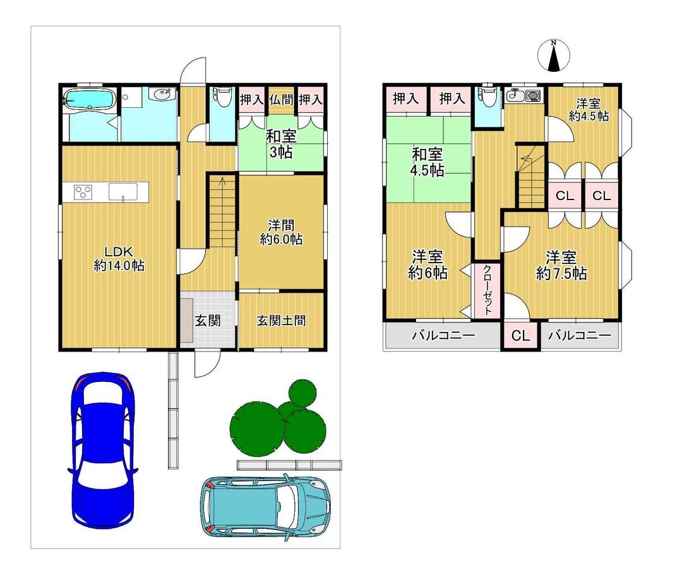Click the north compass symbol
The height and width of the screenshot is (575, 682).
(x=554, y=56)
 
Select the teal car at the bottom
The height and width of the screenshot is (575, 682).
(x=265, y=506)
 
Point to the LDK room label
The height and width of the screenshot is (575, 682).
(x=119, y=258)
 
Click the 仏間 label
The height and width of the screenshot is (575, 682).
(x=281, y=100)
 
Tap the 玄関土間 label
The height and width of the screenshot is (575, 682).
(x=281, y=321)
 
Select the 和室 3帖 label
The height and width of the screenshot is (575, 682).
(x=281, y=145)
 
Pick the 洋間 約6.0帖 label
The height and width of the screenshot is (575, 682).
(x=281, y=232)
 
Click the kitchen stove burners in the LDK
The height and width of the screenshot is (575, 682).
(x=83, y=192)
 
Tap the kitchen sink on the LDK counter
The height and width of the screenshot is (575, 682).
(x=123, y=192)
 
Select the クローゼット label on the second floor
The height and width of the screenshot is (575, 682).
(x=488, y=290)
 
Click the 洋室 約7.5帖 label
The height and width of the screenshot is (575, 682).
(x=561, y=265)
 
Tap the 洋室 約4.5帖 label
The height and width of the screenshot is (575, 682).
(x=589, y=110)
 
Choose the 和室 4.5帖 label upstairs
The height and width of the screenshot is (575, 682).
(x=427, y=162)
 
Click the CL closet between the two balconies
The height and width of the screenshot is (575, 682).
(x=520, y=335)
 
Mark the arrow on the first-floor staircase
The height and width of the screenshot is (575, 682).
(x=223, y=182)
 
